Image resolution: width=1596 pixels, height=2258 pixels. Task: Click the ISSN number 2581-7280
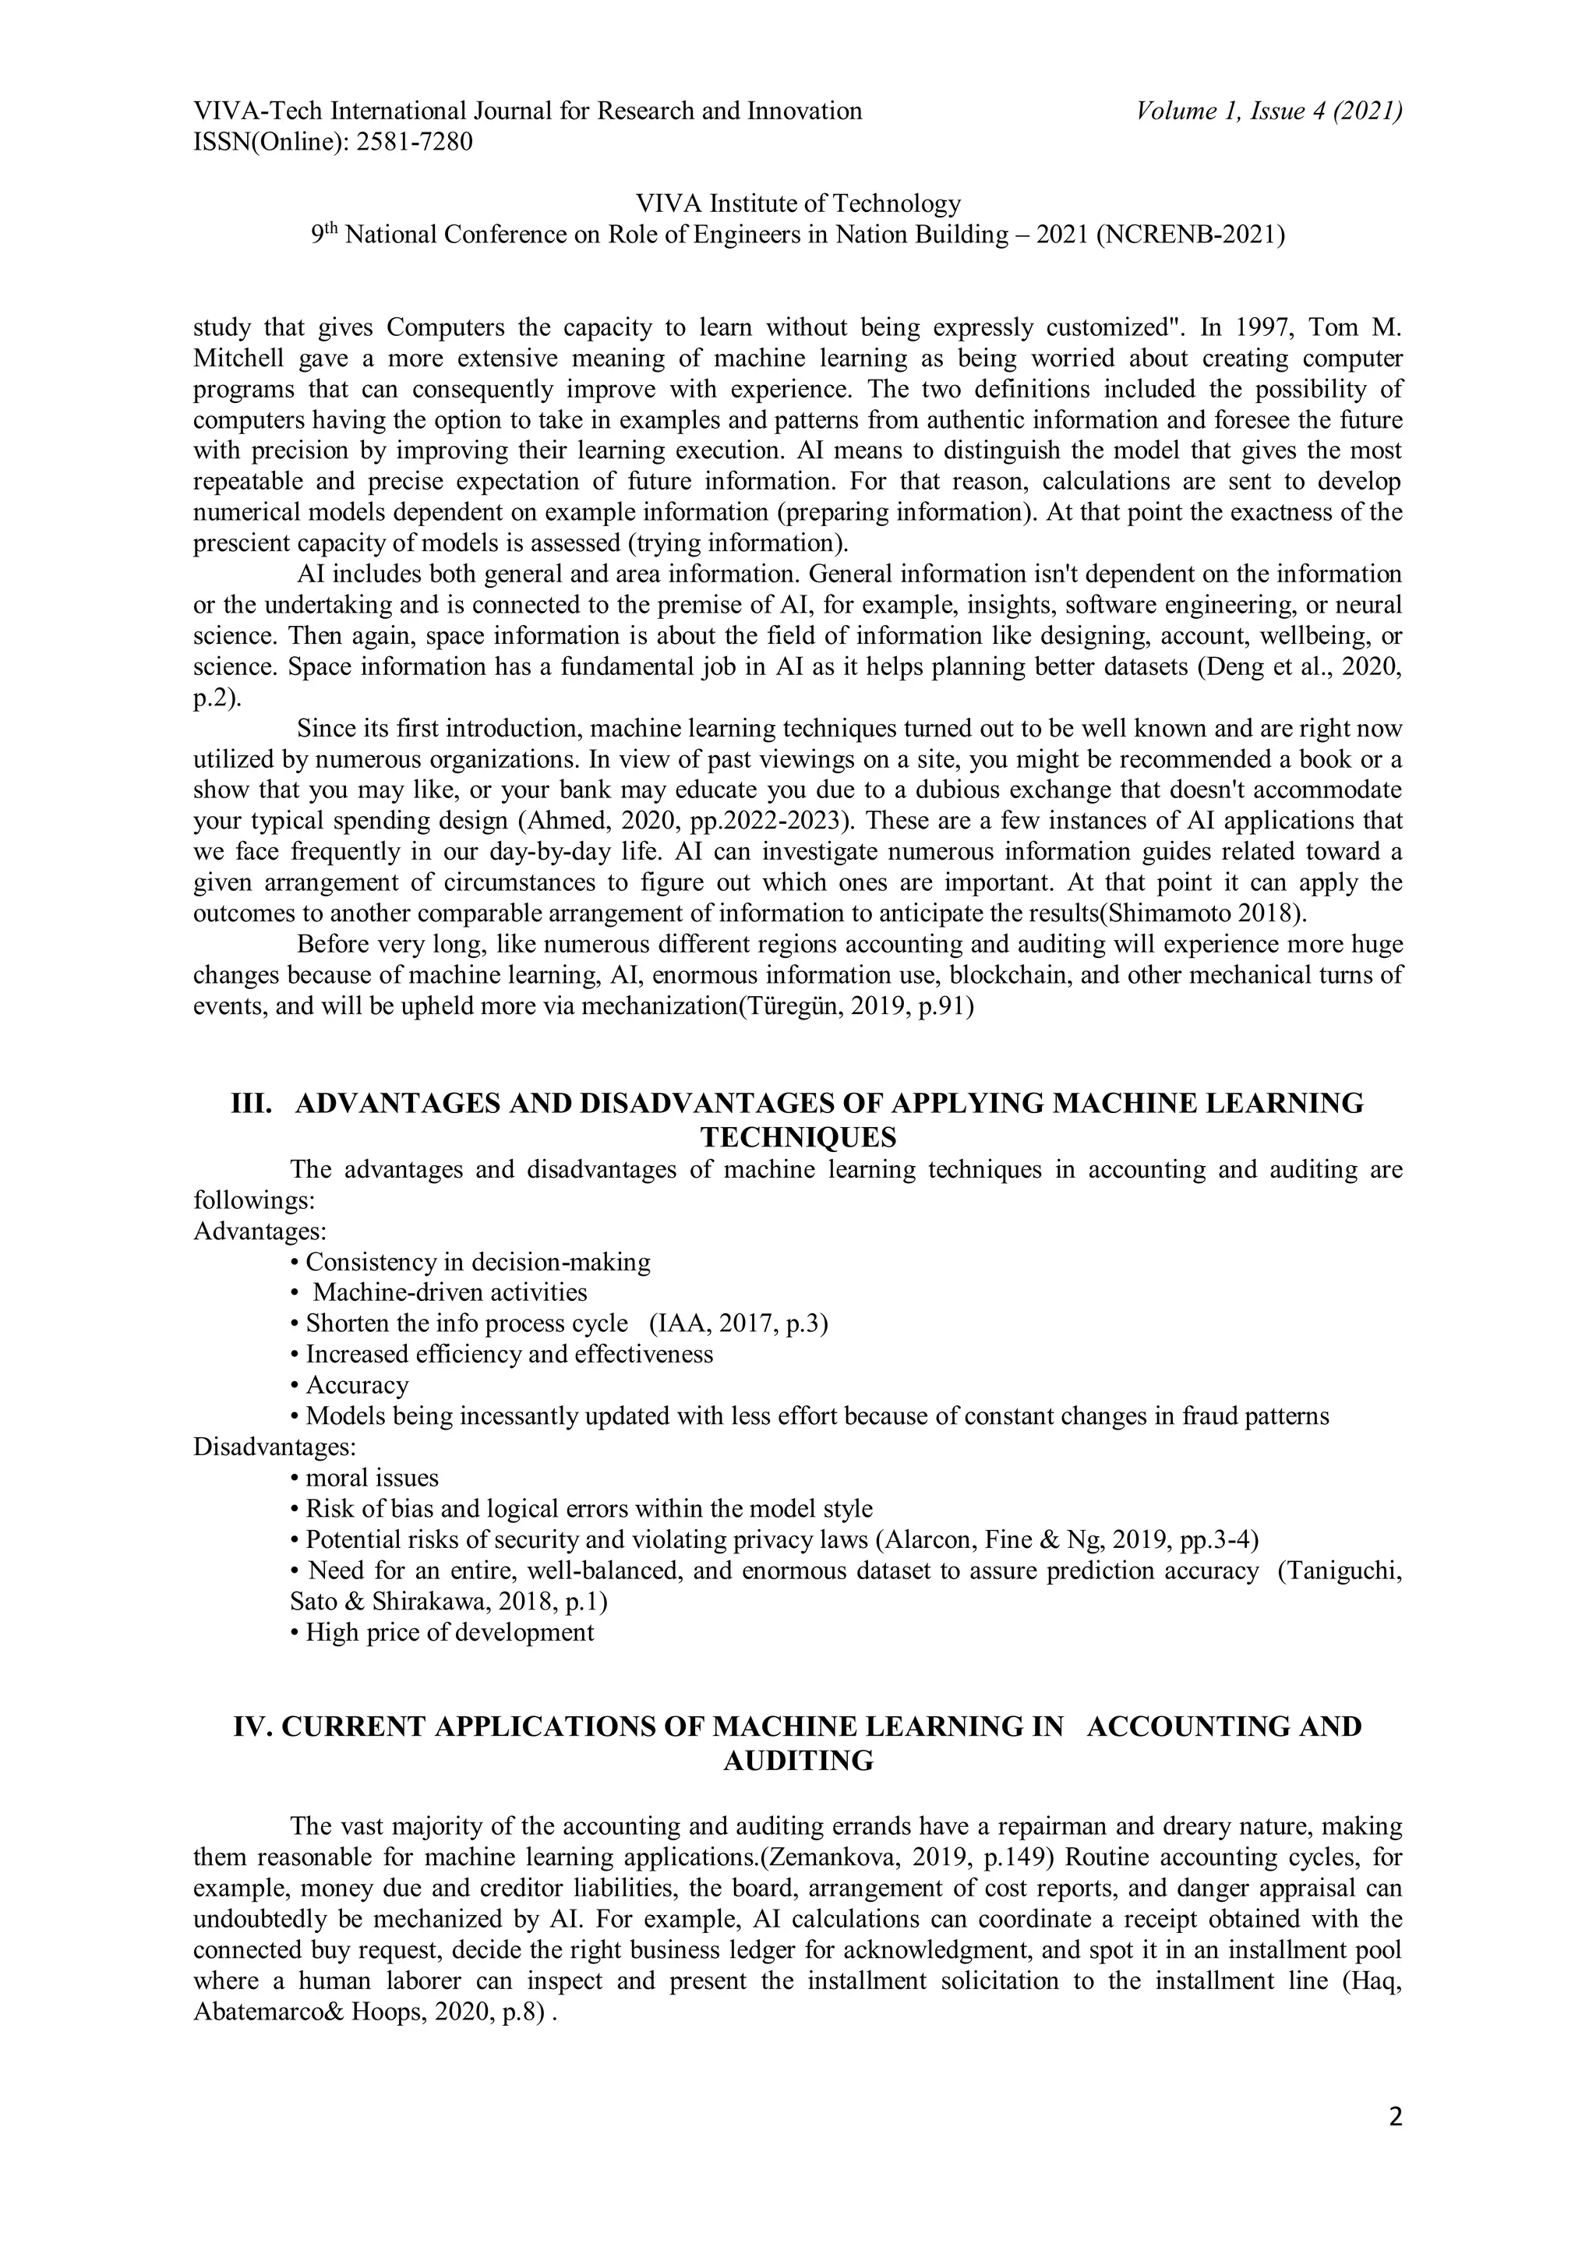(x=414, y=143)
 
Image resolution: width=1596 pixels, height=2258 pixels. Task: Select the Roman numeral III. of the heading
(x=252, y=1104)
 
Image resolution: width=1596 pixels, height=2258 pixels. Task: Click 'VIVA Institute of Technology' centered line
(x=797, y=203)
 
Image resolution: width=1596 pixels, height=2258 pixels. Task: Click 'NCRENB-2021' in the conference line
(x=1189, y=235)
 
